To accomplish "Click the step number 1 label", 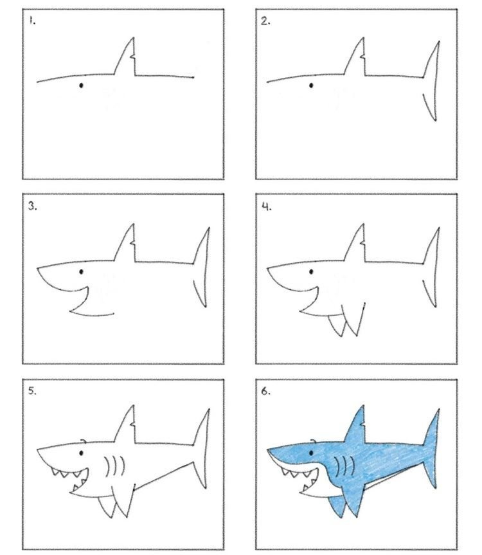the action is click(33, 21).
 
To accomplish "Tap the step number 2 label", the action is click(265, 22).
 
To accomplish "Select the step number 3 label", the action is click(33, 206).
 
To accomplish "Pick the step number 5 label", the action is click(33, 391).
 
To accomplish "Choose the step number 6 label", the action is click(265, 391).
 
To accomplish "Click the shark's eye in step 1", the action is click(81, 86).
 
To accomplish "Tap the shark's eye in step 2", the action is click(311, 86).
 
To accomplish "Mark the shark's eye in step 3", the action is click(82, 271).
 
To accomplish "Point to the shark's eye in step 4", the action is click(311, 271).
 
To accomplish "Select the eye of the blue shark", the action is click(311, 453).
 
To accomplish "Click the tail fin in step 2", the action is click(432, 80).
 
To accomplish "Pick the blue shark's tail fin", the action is click(432, 448).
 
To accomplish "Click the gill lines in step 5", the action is click(115, 466).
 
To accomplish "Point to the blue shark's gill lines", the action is click(345, 466).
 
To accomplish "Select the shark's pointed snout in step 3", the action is click(38, 269).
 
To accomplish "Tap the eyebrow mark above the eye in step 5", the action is click(84, 441).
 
